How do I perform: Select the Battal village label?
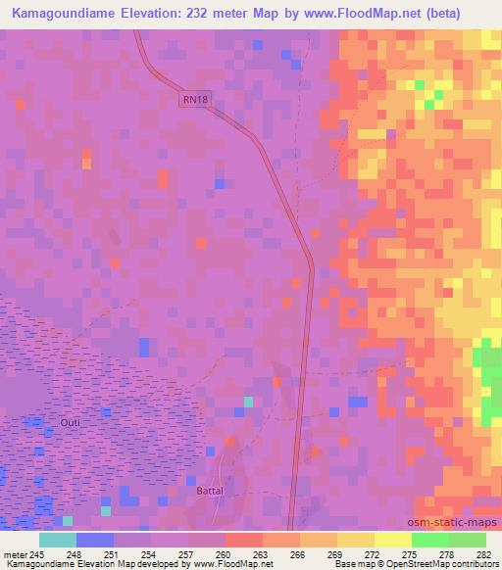(212, 492)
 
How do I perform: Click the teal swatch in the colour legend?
(58, 540)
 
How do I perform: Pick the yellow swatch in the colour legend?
(393, 540)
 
